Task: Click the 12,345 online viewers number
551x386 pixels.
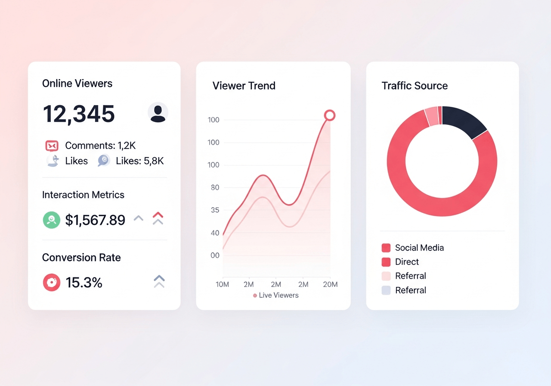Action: (79, 114)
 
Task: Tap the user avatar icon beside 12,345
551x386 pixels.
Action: (158, 112)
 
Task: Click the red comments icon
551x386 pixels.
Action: (52, 146)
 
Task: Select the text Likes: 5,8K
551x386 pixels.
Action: (140, 161)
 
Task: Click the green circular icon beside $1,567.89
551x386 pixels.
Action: (51, 220)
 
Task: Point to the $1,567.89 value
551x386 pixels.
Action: (95, 220)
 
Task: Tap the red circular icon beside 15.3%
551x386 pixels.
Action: (52, 282)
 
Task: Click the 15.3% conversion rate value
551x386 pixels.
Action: (84, 282)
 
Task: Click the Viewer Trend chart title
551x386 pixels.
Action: (244, 86)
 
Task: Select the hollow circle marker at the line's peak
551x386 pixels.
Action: (330, 115)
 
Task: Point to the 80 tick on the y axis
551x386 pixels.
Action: (215, 187)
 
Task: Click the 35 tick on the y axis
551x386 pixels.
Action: (215, 210)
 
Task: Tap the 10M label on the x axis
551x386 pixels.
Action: (223, 285)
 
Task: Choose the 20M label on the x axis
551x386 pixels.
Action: (330, 285)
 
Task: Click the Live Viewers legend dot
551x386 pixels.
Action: (255, 296)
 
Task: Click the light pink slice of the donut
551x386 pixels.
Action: (432, 116)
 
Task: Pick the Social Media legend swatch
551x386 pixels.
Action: (386, 248)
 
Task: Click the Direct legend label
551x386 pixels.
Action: (407, 261)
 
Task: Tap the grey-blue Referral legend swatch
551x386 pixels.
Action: (386, 290)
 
